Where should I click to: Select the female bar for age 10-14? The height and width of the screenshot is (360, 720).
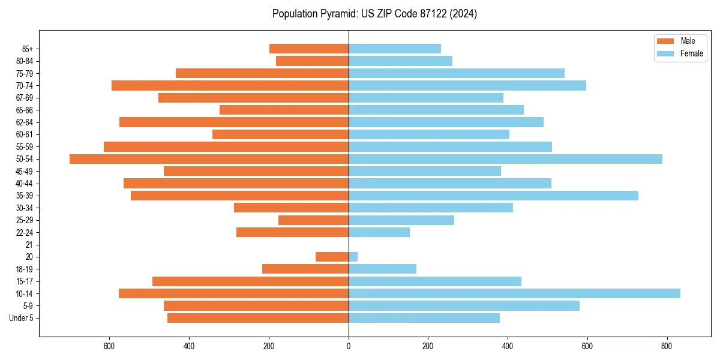click(514, 293)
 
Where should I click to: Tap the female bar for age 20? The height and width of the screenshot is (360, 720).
click(353, 257)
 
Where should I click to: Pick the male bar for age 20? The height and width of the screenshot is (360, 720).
click(332, 257)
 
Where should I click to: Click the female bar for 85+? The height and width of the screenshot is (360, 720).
click(394, 49)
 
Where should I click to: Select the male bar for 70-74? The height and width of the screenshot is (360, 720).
click(230, 85)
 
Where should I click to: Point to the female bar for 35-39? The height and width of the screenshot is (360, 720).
click(493, 196)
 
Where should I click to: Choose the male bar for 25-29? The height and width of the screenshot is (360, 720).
click(313, 220)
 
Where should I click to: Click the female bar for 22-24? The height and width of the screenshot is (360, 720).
click(379, 232)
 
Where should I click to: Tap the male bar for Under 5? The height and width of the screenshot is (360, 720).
click(257, 318)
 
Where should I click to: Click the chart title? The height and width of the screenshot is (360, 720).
click(374, 14)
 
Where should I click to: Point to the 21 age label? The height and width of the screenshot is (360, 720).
click(29, 245)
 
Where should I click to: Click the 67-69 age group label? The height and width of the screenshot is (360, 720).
click(25, 98)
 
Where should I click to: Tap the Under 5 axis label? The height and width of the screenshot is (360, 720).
click(21, 318)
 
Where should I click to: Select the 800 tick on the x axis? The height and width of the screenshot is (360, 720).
click(666, 346)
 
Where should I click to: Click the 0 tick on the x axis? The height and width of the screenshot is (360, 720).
click(348, 346)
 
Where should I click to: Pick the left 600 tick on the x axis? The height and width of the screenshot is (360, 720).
click(109, 346)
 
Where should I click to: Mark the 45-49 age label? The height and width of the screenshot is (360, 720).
click(25, 171)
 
